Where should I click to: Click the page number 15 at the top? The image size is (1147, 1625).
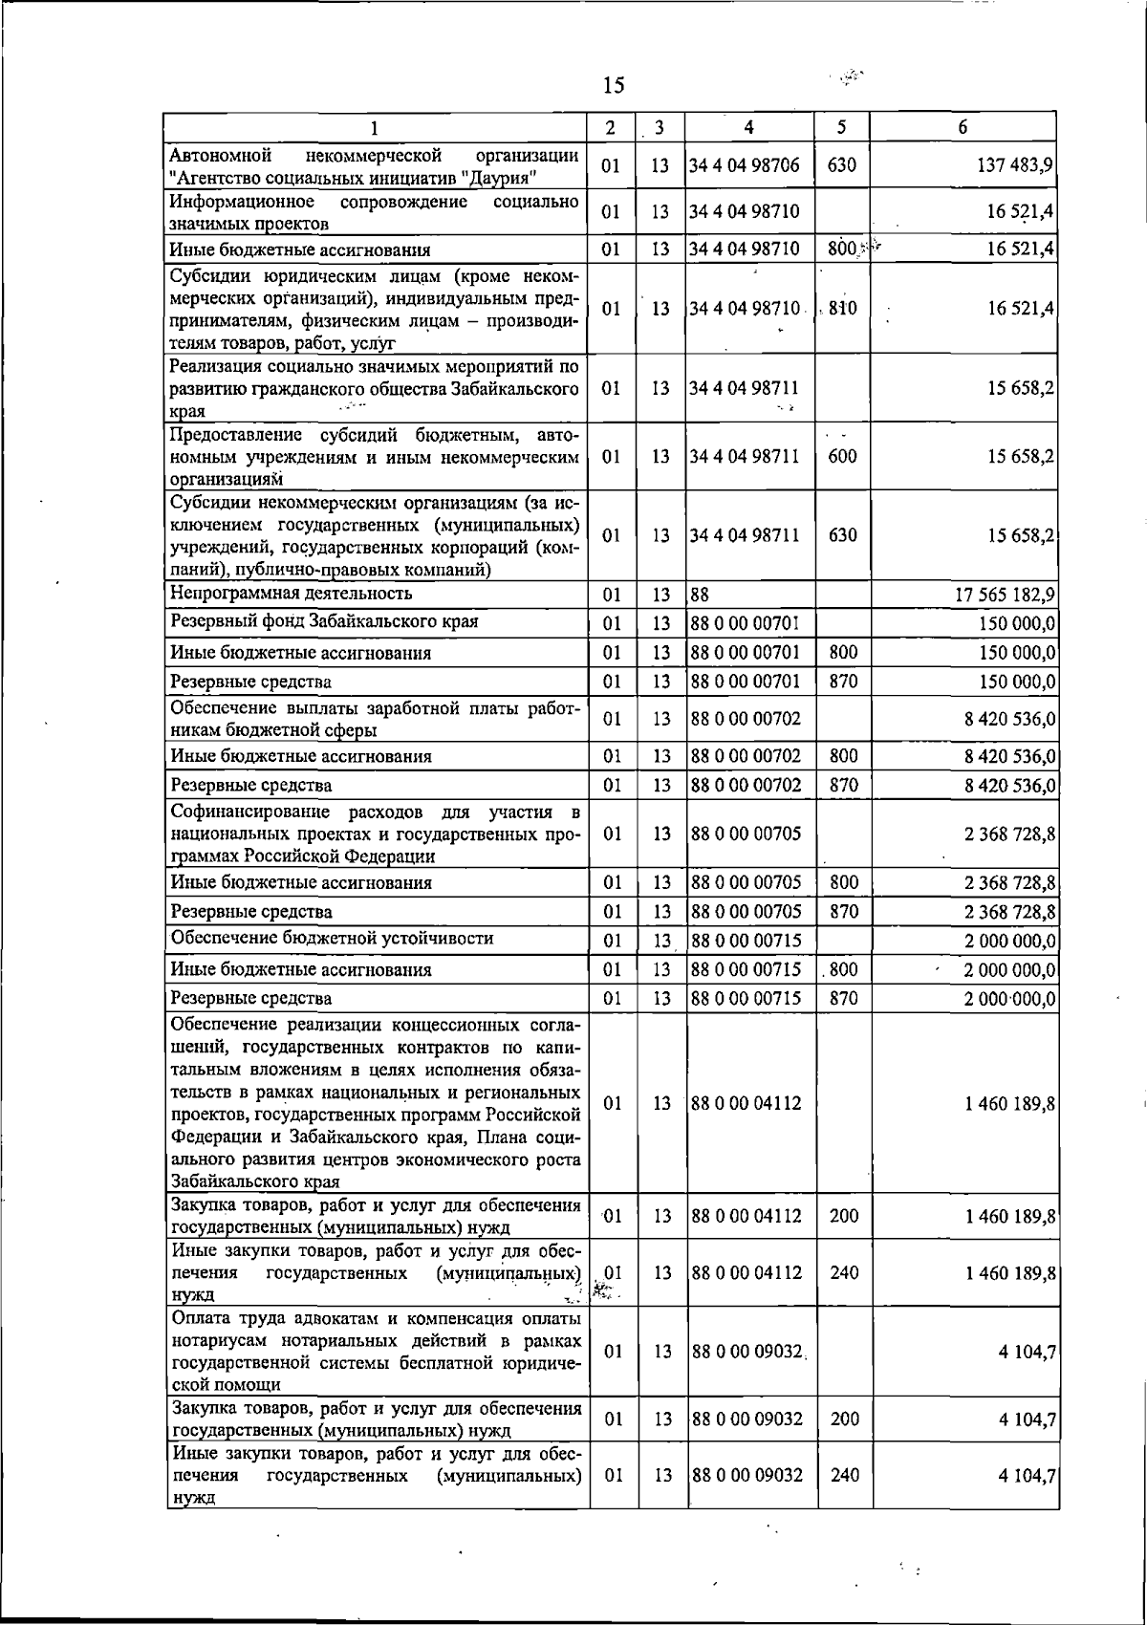pyautogui.click(x=614, y=86)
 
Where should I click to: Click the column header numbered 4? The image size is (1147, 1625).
pyautogui.click(x=749, y=127)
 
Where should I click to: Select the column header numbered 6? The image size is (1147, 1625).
pyautogui.click(x=963, y=127)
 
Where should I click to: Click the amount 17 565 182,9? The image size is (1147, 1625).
pyautogui.click(x=1005, y=595)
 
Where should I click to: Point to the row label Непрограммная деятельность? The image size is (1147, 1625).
pyautogui.click(x=292, y=594)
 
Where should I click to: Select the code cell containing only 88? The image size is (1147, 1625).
pyautogui.click(x=700, y=595)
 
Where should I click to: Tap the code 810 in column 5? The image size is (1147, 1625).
pyautogui.click(x=842, y=308)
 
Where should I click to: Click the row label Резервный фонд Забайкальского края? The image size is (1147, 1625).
pyautogui.click(x=324, y=621)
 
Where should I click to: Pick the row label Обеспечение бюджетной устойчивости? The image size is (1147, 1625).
pyautogui.click(x=332, y=938)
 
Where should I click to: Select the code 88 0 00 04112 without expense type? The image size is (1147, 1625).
pyautogui.click(x=746, y=1103)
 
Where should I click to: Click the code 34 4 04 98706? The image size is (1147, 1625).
pyautogui.click(x=745, y=165)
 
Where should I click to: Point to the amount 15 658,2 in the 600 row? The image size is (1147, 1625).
pyautogui.click(x=1021, y=456)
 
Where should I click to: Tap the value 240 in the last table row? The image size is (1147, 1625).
pyautogui.click(x=845, y=1475)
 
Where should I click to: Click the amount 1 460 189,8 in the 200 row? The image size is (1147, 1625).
pyautogui.click(x=1010, y=1216)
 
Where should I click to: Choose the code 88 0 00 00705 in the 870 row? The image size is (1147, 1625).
pyautogui.click(x=746, y=911)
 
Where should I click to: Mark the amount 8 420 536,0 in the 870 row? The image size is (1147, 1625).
pyautogui.click(x=1010, y=786)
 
